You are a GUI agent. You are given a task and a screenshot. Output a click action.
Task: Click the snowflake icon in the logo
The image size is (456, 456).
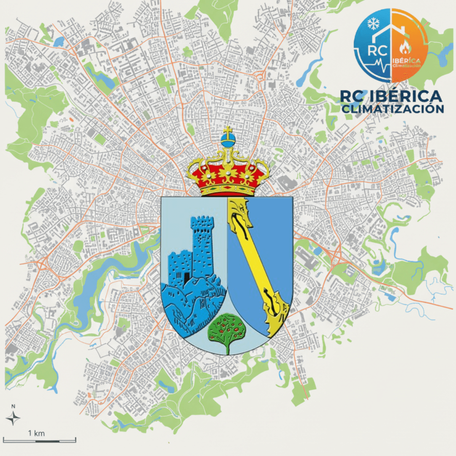(x=373, y=24)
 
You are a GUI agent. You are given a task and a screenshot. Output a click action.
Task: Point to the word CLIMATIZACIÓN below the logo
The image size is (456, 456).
(x=393, y=109)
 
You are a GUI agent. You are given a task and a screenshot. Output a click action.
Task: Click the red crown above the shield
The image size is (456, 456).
(x=228, y=173)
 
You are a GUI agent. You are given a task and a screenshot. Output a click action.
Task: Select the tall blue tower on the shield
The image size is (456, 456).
(x=202, y=245)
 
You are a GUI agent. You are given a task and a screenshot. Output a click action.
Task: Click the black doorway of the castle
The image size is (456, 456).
(x=187, y=277)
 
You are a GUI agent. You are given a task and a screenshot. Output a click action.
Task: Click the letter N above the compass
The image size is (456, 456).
(x=13, y=406)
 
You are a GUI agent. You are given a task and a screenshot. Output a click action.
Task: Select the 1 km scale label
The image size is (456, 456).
(x=36, y=433)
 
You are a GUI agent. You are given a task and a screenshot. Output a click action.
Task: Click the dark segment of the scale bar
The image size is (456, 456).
(x=46, y=441)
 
